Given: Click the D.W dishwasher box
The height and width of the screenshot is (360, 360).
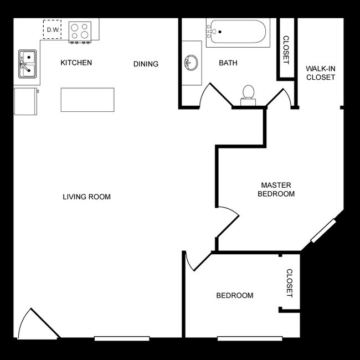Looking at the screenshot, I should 53,29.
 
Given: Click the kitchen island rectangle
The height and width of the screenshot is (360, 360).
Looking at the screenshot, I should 88,100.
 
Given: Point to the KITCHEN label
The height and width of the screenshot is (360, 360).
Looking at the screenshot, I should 76,63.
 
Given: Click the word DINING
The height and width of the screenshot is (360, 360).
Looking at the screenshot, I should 146,64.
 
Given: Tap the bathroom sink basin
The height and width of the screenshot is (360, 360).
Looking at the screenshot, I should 192,63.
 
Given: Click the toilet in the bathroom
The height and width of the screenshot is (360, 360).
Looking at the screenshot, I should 248,94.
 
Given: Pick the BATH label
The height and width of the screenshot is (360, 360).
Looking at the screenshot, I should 228,63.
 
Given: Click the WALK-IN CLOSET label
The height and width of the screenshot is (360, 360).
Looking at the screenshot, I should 321,73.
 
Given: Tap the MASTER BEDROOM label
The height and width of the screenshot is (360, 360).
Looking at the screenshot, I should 277,189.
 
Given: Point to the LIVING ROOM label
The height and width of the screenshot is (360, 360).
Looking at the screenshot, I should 86,197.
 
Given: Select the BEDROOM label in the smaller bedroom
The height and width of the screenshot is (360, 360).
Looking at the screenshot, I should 234,295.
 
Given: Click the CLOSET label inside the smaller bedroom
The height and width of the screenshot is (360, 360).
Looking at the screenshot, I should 289,283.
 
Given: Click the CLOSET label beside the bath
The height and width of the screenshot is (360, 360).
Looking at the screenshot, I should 286,50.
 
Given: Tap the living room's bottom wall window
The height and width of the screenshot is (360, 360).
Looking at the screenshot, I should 121,338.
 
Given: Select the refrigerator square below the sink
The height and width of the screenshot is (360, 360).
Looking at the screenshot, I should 26,100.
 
